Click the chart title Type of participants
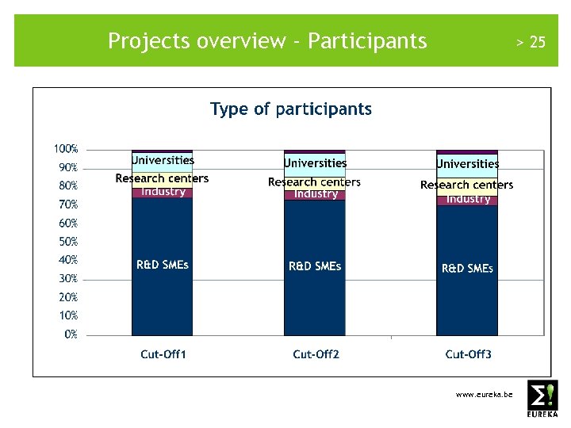point(290,109)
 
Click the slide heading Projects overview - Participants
point(267,40)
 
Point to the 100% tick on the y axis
point(66,149)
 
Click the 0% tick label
point(71,334)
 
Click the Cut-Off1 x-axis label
point(163,354)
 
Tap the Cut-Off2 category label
point(316,354)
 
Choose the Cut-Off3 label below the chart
point(468,354)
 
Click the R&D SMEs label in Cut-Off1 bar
point(163,265)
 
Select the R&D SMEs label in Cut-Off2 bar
point(315,266)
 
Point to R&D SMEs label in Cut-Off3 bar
point(467,269)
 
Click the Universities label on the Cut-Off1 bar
point(163,161)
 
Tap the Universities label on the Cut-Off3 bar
point(468,164)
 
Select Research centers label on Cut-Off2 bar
point(314,182)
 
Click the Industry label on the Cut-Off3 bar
point(468,199)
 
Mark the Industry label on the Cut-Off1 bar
point(163,192)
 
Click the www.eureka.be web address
point(484,394)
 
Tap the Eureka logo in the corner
point(542,399)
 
